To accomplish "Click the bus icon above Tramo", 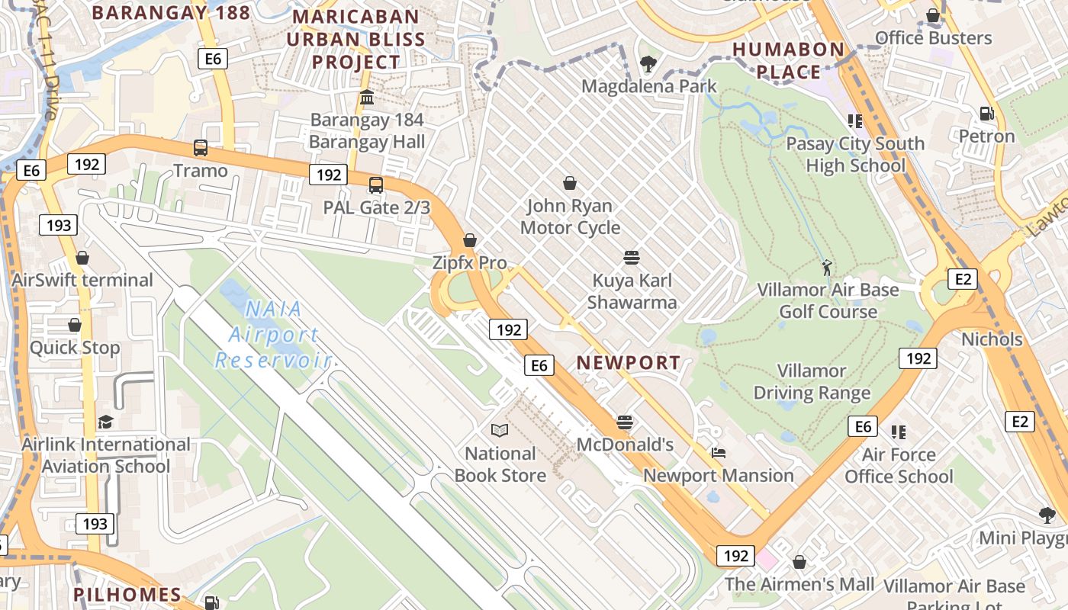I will (201, 148).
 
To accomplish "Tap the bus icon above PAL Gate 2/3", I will (376, 185).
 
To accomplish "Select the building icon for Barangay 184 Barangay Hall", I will (367, 98).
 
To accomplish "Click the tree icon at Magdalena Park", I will (648, 63).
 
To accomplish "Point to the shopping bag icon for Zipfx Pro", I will (470, 240).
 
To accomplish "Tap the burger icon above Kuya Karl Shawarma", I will (631, 258).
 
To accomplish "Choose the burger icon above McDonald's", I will (625, 422).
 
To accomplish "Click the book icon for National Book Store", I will (500, 431).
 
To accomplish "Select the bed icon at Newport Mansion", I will (718, 453).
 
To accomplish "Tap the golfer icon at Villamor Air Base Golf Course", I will (828, 268).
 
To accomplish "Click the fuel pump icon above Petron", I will (986, 114).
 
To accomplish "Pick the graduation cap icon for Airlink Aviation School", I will (105, 422).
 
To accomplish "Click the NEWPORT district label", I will (628, 363).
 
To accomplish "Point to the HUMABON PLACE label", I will (789, 61).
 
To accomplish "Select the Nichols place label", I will (992, 339).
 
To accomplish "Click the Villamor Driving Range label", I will (812, 382).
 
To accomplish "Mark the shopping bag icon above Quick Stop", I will (75, 326).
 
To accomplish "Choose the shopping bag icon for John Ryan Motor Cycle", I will (570, 183).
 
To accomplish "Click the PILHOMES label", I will (127, 595).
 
